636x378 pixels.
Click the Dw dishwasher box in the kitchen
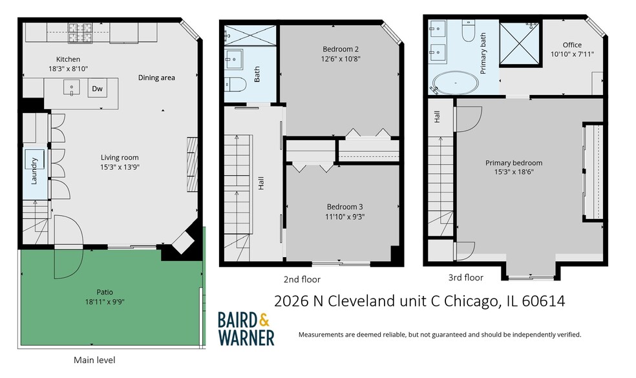[x=97, y=89]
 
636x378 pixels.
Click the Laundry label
[x=34, y=170]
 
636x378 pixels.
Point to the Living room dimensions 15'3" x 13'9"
[x=120, y=167]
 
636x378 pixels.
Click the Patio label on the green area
[x=103, y=292]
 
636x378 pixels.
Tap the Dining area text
[x=156, y=78]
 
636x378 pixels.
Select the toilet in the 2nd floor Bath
[x=237, y=84]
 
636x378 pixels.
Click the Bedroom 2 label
[x=341, y=48]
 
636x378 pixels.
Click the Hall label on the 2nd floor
[x=261, y=184]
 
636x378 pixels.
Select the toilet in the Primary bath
[x=469, y=31]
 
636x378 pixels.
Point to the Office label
[x=572, y=45]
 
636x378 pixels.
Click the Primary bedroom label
[x=514, y=163]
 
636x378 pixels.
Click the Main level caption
[x=94, y=360]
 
